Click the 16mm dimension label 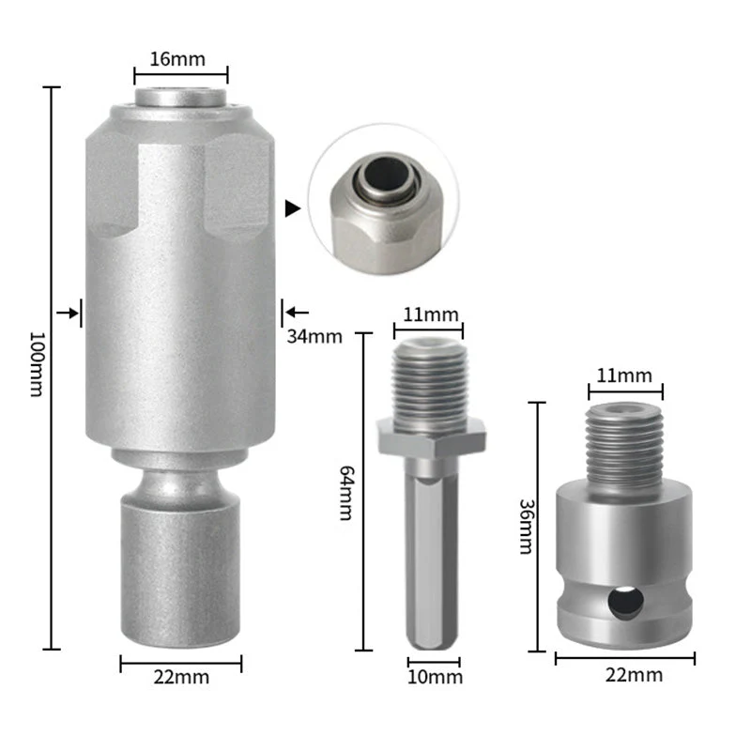(x=180, y=58)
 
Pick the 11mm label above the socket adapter (x=625, y=375)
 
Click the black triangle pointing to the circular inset (x=293, y=208)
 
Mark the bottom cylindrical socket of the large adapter (x=180, y=568)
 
